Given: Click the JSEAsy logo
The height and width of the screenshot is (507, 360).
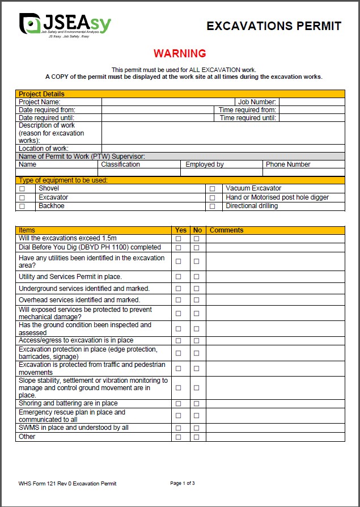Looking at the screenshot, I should pos(65,24).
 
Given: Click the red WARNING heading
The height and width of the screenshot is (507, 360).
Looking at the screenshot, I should pos(180,54).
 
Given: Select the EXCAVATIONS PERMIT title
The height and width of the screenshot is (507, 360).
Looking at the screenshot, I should pos(274,26).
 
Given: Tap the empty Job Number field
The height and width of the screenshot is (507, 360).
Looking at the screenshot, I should pos(311,102).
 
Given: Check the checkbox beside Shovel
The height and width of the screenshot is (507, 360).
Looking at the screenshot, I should pos(23,188).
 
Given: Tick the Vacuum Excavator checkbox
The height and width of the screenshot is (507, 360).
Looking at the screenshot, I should pos(213,188).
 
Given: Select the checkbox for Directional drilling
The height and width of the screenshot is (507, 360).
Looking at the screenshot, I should pos(213,206).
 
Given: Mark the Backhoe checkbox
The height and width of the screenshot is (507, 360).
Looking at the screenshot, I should pos(23,206).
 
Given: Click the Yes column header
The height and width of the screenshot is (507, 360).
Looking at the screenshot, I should pos(181,230).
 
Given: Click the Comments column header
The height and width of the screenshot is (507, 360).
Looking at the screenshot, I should pos(227,230).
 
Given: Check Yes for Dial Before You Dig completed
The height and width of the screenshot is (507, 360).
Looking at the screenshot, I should pos(179,248).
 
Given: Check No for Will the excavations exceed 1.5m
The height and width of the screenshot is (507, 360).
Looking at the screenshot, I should pos(197,239).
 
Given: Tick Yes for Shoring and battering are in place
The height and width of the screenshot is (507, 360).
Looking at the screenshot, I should pos(179,404).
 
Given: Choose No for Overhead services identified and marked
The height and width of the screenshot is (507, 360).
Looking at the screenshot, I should pos(197,300).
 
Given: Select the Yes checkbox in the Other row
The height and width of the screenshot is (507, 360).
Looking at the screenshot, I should pos(179,437).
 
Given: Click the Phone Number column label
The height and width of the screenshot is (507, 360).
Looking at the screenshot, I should pos(288,164).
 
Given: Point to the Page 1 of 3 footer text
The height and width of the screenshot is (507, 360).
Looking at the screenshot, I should pos(183,483).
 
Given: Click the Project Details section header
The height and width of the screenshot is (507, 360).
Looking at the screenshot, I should pos(41,94).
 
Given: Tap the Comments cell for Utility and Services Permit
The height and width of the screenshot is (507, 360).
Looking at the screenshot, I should pos(275,277).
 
